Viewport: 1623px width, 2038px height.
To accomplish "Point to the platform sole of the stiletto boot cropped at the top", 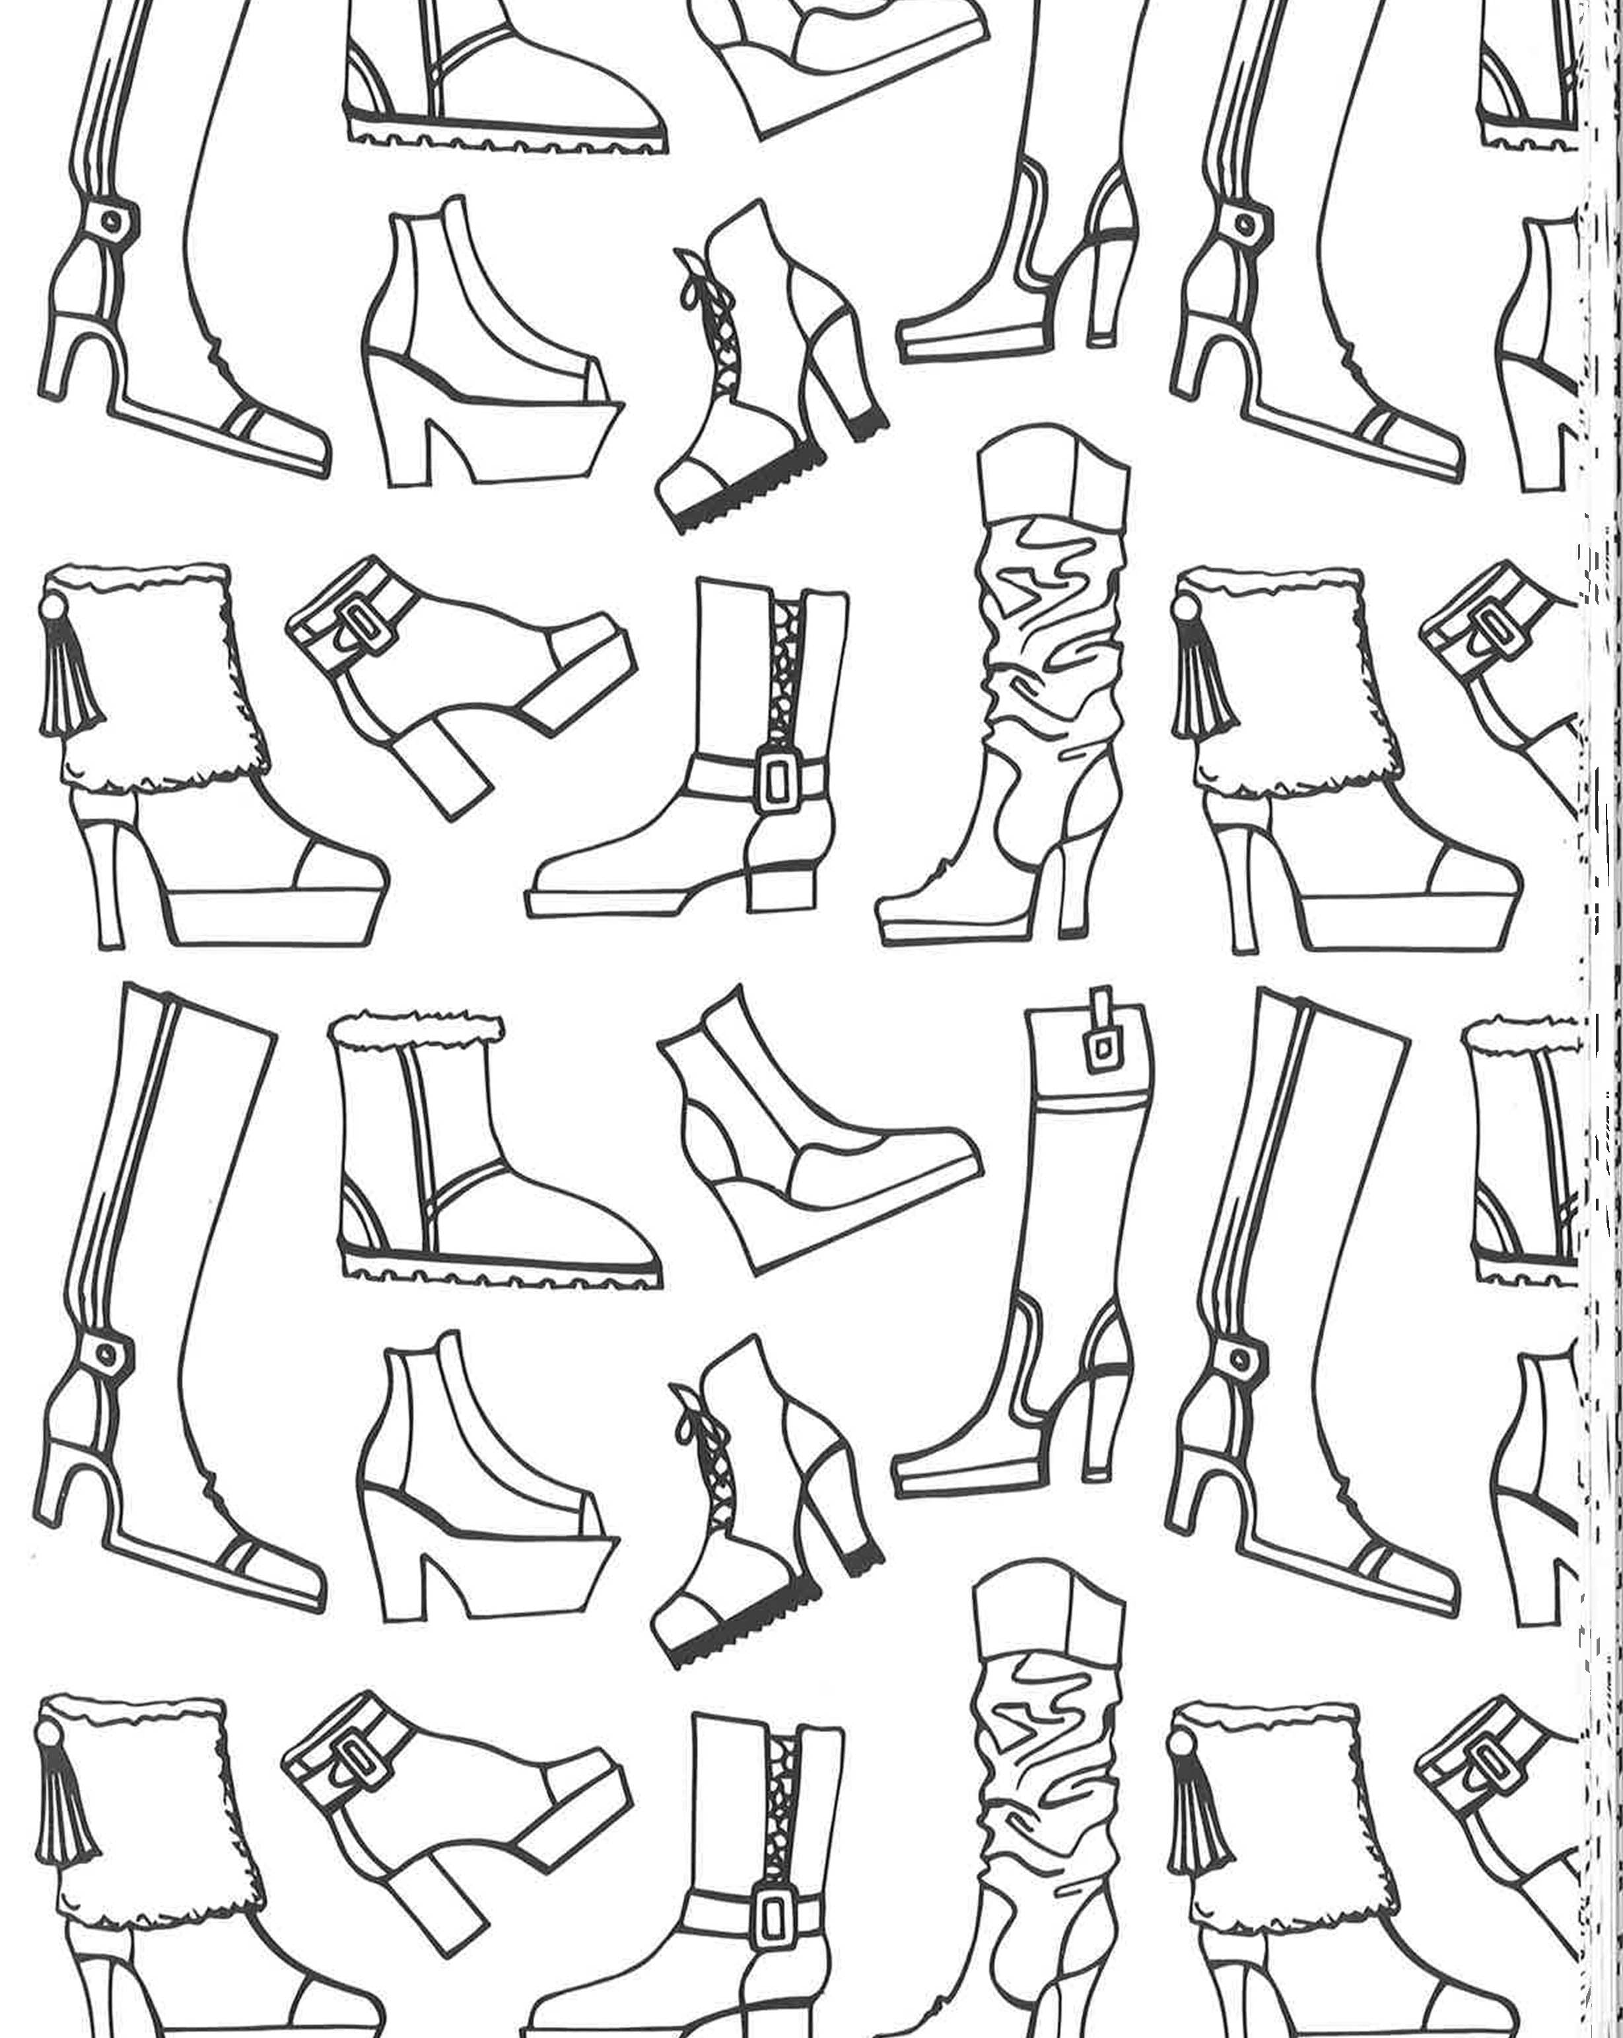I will point(974,339).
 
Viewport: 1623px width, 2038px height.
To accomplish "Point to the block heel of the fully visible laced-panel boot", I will point(780,884).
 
